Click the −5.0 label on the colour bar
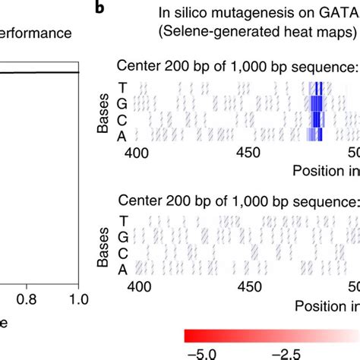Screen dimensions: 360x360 click(201, 352)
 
